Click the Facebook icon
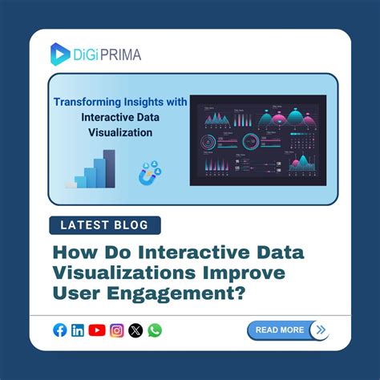[x=60, y=329]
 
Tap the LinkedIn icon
[x=79, y=329]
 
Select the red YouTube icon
[x=98, y=329]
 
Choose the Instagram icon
[x=117, y=329]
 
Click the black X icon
[x=135, y=329]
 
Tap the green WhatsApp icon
[x=155, y=329]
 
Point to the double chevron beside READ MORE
[x=320, y=329]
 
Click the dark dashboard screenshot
[x=257, y=139]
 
